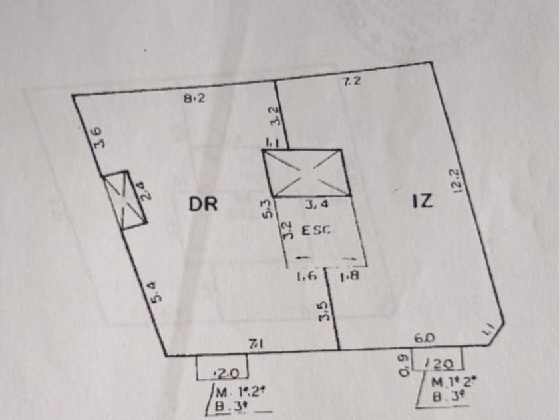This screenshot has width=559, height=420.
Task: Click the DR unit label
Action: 203,203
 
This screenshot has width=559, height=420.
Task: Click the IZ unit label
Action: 422,201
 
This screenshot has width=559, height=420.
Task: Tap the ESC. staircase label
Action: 317,231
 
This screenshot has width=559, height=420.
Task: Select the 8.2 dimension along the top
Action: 194,99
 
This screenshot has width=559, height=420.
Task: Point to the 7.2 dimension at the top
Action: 351,83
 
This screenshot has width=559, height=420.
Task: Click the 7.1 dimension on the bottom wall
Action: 255,344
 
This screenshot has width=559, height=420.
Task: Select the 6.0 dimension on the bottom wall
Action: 424,338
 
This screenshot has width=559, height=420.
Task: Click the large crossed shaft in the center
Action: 306,173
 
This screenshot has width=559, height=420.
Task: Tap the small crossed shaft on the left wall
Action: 125,201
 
